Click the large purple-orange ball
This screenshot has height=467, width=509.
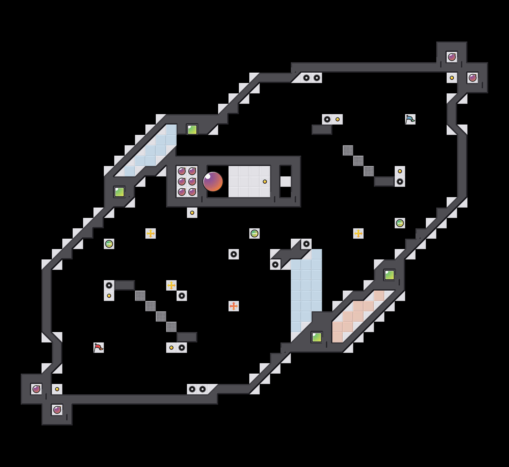(x=213, y=182)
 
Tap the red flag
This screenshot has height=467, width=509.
(x=98, y=348)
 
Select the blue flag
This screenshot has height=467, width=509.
(x=410, y=119)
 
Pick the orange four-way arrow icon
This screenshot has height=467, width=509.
(x=234, y=306)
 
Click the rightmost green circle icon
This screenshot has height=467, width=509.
(x=400, y=223)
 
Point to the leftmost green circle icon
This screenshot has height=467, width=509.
(x=109, y=244)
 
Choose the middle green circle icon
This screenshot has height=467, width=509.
(x=254, y=233)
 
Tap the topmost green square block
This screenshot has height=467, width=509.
(x=192, y=130)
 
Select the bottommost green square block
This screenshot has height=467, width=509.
(x=317, y=337)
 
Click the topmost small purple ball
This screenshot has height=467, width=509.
(x=452, y=57)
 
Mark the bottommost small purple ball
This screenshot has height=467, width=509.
(x=57, y=410)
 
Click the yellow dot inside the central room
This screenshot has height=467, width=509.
(x=265, y=182)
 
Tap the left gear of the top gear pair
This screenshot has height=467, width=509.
(x=306, y=78)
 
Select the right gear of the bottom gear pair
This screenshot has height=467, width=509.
(x=203, y=389)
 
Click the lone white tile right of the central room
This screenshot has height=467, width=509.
(x=286, y=182)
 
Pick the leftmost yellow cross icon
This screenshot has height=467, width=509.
(x=151, y=233)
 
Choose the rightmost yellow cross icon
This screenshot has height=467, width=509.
(x=358, y=233)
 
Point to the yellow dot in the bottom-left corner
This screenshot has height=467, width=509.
(x=57, y=389)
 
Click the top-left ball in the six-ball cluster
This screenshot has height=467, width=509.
(x=182, y=171)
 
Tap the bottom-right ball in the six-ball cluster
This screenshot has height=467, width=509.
(x=192, y=192)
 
